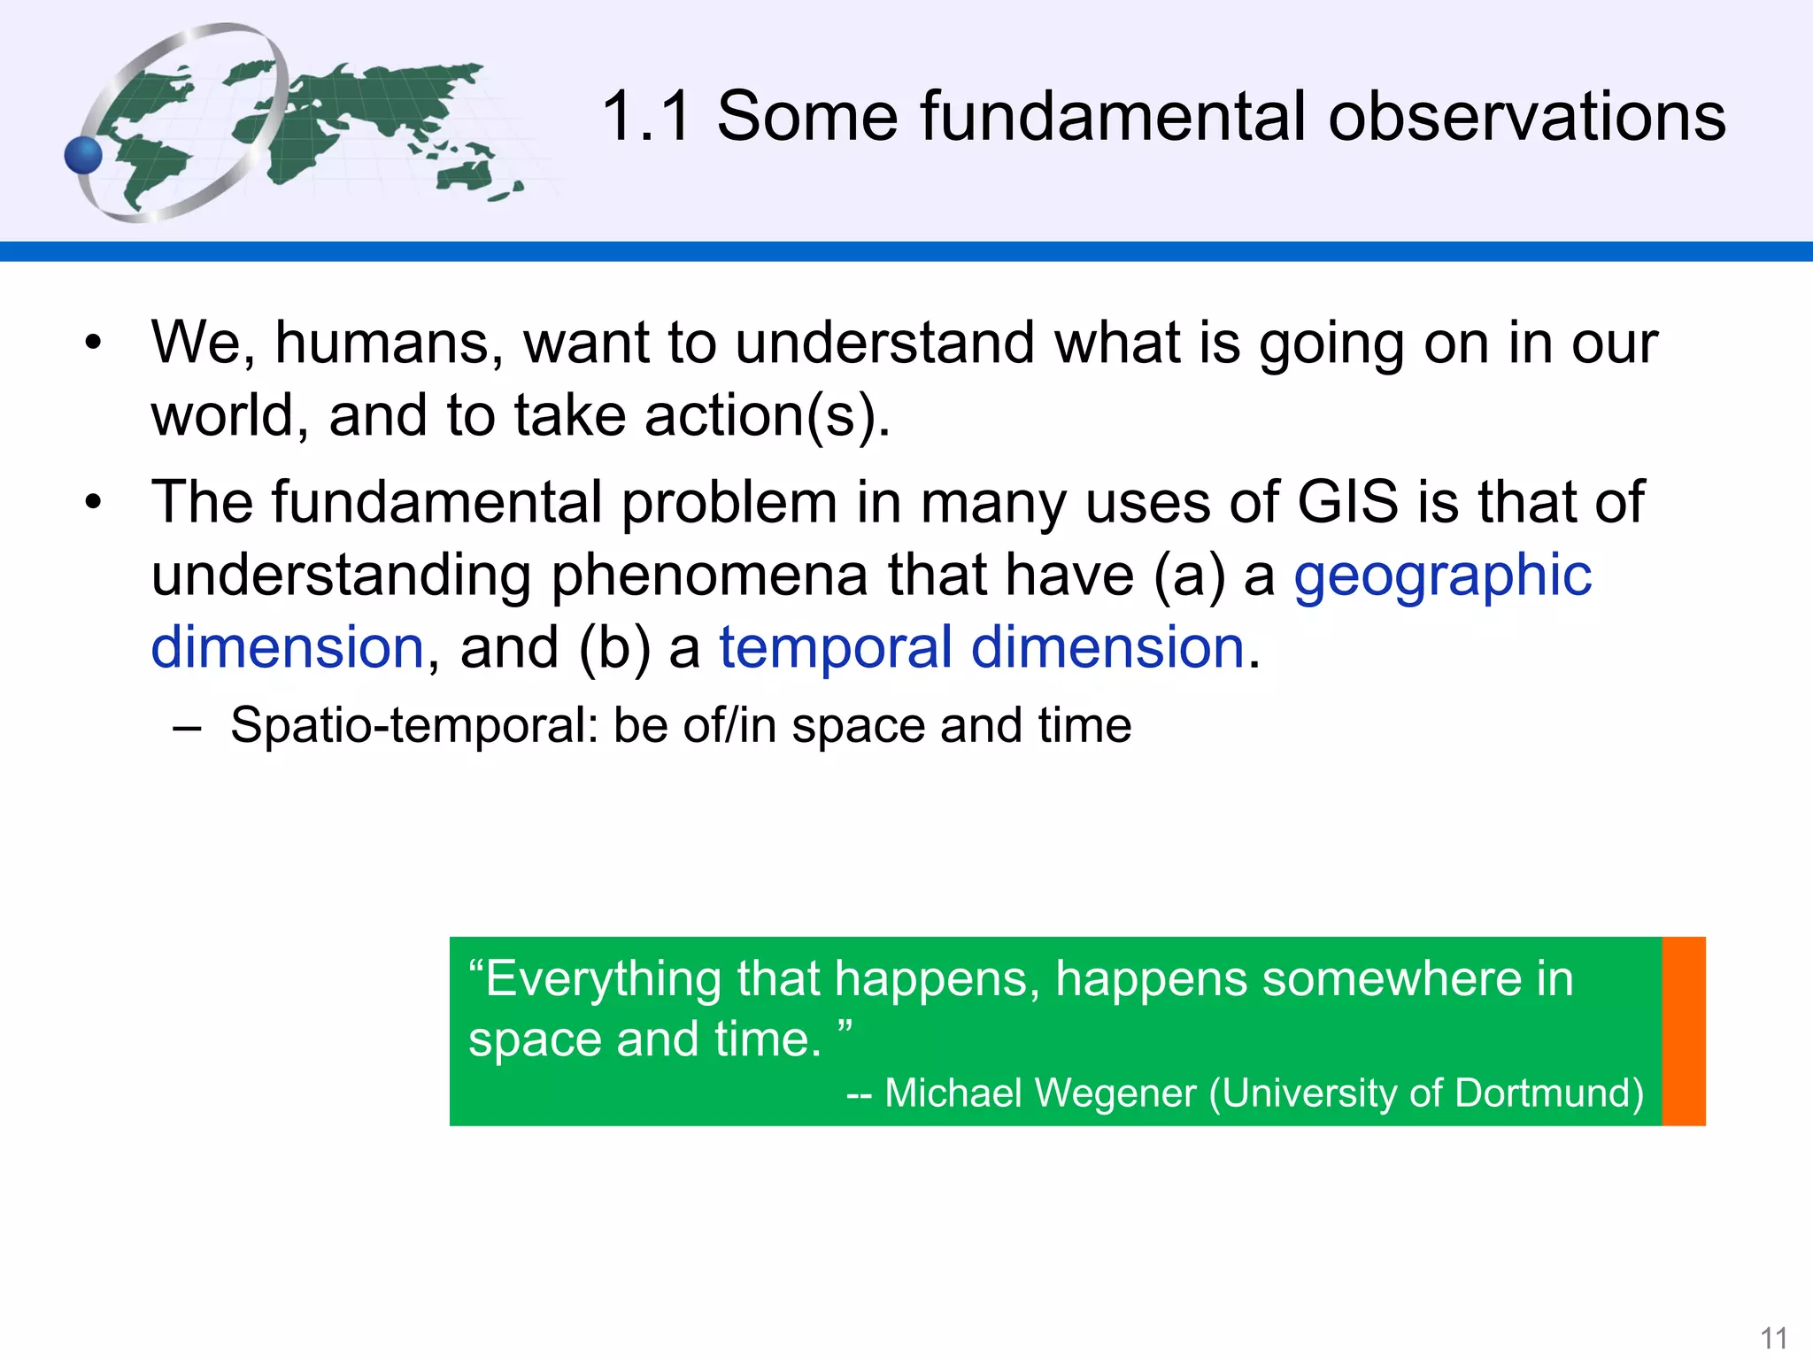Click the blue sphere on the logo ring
point(84,156)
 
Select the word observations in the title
point(1526,116)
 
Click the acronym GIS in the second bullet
point(1347,502)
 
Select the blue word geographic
point(1442,576)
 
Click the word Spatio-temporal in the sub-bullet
point(414,725)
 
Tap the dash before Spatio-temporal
point(187,728)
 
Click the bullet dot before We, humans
point(94,343)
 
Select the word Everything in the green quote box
point(603,980)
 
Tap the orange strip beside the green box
point(1684,1031)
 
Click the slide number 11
point(1773,1337)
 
